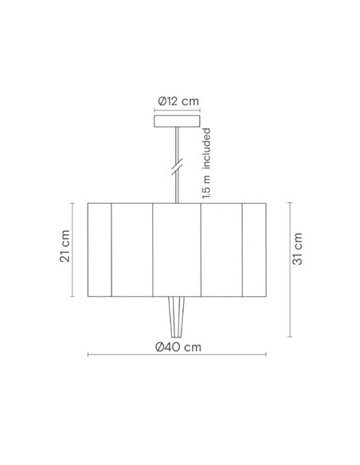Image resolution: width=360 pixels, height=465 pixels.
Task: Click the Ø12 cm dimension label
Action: (179, 100)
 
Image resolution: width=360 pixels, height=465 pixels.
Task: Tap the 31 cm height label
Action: (297, 248)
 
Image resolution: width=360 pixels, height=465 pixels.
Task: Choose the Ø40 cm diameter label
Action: (179, 347)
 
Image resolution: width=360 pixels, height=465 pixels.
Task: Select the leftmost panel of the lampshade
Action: (99, 248)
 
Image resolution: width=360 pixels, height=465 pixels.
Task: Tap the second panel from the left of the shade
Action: (131, 248)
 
